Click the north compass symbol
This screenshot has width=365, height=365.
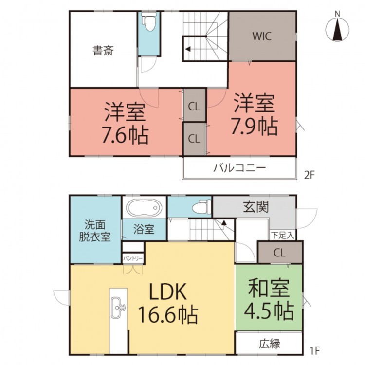tap(337, 30)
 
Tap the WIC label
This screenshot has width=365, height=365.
tap(262, 36)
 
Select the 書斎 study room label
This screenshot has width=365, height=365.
tap(103, 51)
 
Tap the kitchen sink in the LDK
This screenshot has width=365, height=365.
tap(118, 308)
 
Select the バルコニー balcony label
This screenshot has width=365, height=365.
tap(239, 168)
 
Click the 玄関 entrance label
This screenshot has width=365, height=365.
tap(256, 207)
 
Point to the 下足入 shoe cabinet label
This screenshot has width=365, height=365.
tap(283, 236)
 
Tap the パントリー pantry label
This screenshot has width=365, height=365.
tap(133, 258)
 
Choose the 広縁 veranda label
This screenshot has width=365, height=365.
tap(270, 344)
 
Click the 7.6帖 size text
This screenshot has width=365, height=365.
tap(125, 134)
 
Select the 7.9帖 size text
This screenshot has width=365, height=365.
tap(254, 127)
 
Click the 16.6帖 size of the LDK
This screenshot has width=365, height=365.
tap(168, 314)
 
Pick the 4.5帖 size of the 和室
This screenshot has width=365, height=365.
tap(269, 310)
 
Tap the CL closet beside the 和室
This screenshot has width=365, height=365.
tap(280, 252)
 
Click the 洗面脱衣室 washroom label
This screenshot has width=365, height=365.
tap(95, 231)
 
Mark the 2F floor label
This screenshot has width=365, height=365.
tap(310, 175)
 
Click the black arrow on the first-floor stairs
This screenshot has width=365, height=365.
tap(224, 222)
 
